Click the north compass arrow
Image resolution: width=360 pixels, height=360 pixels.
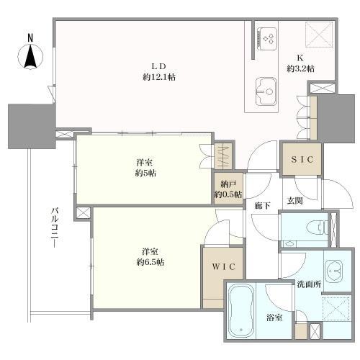click(30, 57)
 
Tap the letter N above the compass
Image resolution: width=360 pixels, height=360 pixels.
click(30, 38)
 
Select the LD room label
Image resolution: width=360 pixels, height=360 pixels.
click(158, 66)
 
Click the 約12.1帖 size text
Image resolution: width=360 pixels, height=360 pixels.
click(159, 77)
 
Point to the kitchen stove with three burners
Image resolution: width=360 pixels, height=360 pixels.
click(266, 39)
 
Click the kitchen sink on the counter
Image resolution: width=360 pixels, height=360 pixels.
click(266, 91)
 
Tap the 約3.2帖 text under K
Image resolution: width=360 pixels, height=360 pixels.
click(300, 69)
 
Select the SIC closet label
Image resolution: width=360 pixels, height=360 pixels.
click(302, 159)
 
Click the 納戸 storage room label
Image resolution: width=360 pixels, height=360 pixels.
click(228, 184)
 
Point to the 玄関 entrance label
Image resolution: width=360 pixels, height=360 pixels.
click(294, 201)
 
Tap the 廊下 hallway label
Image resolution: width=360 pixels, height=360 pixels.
click(263, 205)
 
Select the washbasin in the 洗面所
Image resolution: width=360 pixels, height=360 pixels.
click(334, 271)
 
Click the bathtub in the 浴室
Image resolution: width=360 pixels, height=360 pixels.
click(241, 312)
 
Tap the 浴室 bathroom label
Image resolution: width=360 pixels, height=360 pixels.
click(274, 318)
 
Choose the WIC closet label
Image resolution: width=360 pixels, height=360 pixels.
click(224, 266)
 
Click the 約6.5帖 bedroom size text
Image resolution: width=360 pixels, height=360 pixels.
click(150, 262)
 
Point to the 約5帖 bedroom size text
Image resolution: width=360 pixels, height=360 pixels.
click(145, 173)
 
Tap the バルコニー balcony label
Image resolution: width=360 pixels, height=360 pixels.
click(55, 228)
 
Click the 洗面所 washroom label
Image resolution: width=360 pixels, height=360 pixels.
click(309, 284)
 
